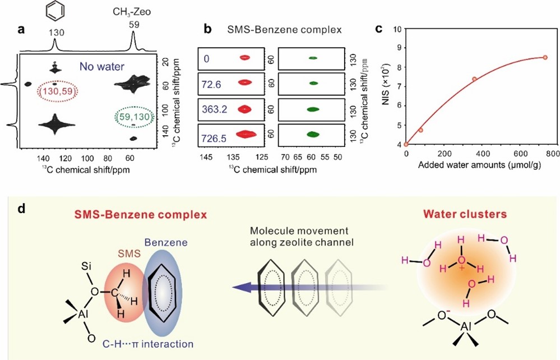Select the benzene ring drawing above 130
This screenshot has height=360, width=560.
coord(54,13)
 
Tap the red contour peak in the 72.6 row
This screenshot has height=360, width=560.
coord(245,82)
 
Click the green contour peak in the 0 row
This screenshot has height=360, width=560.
coord(313,57)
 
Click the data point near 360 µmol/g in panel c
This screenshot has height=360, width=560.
coord(474,79)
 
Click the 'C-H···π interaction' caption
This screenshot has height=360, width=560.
coord(145,343)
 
